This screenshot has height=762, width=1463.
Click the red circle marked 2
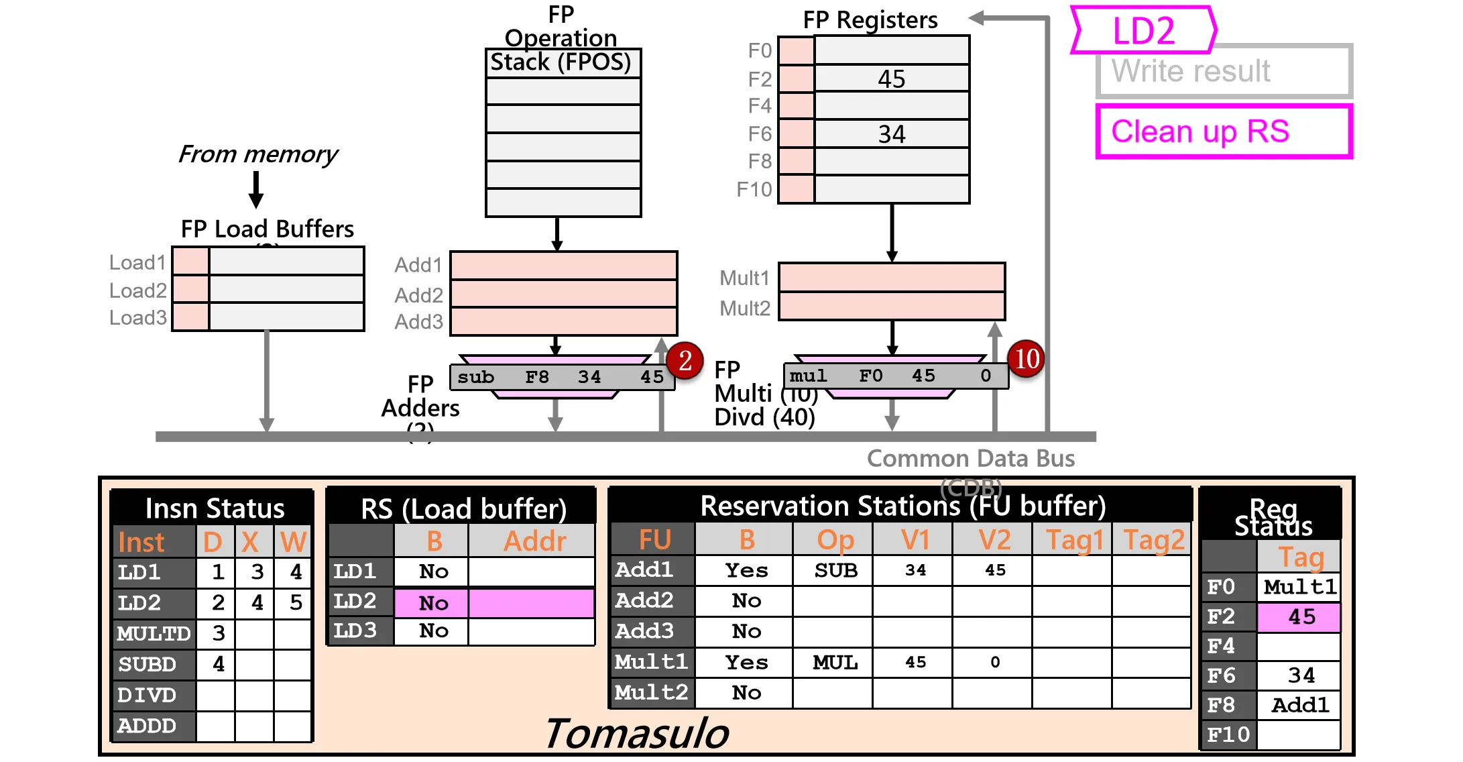685,361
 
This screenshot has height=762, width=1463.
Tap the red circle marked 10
1027,358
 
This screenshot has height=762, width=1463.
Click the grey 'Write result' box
1224,71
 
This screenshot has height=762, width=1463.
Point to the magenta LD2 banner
1144,30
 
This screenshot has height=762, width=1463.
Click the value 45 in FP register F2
892,79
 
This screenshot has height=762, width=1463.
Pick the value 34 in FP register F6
892,134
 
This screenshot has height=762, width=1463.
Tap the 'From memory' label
257,154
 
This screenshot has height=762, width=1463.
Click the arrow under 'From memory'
256,190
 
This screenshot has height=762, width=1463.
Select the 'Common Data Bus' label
970,458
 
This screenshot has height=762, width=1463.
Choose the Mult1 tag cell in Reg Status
1299,587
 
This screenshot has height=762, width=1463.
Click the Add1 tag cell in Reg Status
1299,705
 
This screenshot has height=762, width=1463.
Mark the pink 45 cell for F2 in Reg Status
1299,617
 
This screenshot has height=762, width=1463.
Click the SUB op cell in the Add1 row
835,570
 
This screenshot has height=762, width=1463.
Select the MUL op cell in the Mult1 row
835,663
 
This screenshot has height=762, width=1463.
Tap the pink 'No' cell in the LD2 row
432,603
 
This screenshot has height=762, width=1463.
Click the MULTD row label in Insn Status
154,633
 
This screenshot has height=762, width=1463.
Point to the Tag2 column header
1153,540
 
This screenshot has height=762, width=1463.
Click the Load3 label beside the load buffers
138,317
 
